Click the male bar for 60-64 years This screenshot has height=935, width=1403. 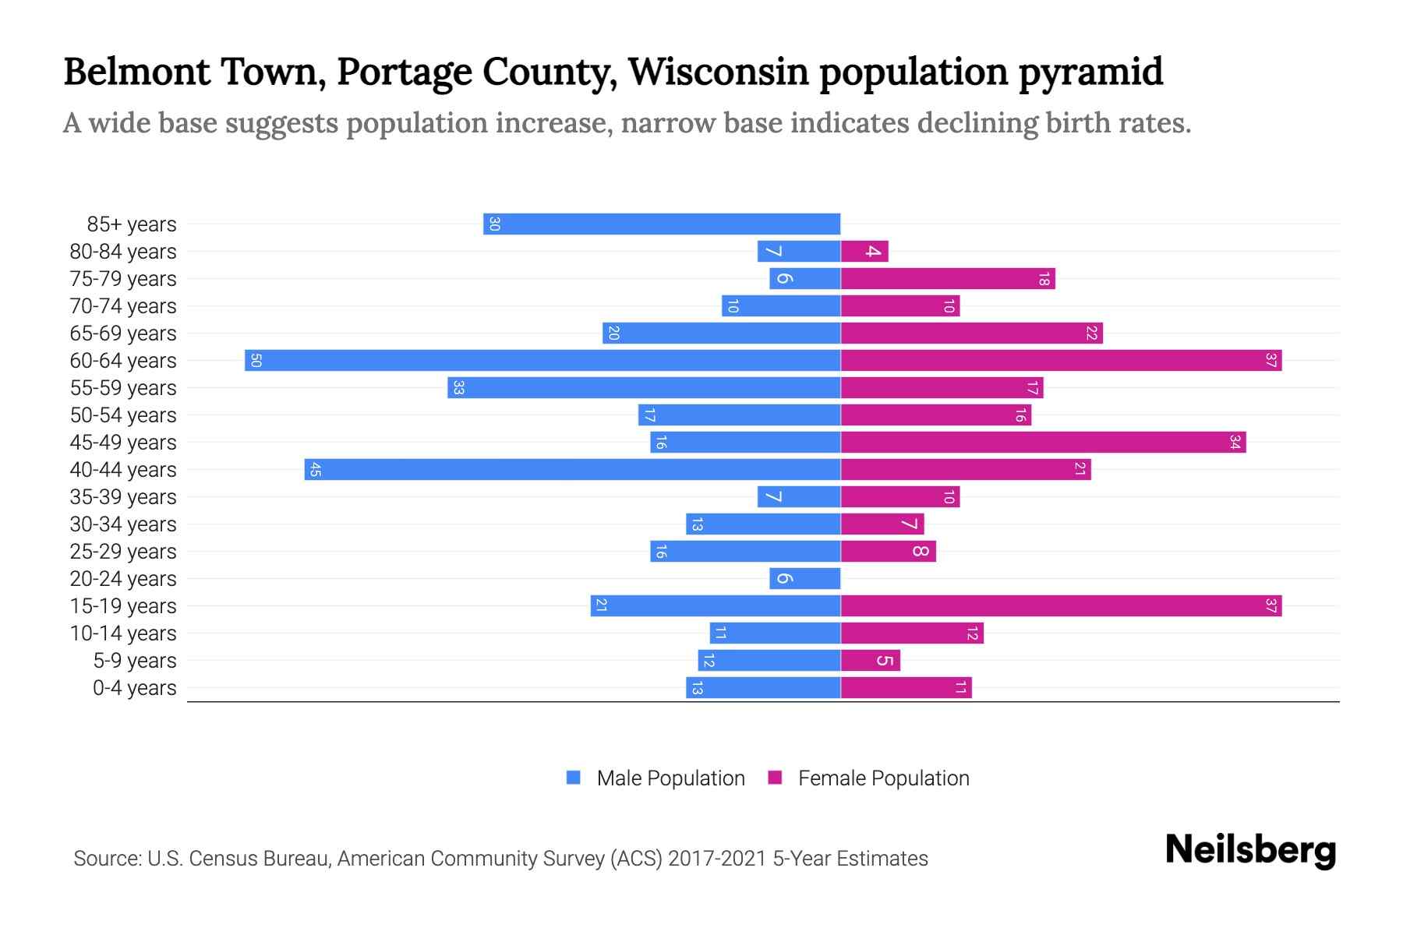point(542,361)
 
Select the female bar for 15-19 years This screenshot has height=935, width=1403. point(1061,606)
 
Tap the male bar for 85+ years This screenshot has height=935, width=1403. point(662,224)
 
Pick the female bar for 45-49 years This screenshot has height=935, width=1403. point(1043,443)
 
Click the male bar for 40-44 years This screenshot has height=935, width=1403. point(572,470)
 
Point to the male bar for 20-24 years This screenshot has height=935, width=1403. point(805,579)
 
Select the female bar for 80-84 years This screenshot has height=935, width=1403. point(864,252)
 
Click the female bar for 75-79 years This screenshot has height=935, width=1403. point(948,279)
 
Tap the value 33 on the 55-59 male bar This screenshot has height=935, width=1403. point(458,388)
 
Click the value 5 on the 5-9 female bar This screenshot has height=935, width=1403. point(884,661)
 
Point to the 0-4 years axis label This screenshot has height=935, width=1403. point(134,688)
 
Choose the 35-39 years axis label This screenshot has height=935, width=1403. point(123,497)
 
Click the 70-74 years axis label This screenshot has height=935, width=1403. point(123,306)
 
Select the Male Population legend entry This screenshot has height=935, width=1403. point(670,778)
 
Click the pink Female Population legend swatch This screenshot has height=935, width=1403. point(775,778)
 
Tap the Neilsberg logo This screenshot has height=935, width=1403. point(1250,850)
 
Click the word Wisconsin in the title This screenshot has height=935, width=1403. point(718,72)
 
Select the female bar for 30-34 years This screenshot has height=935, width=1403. point(882,524)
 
